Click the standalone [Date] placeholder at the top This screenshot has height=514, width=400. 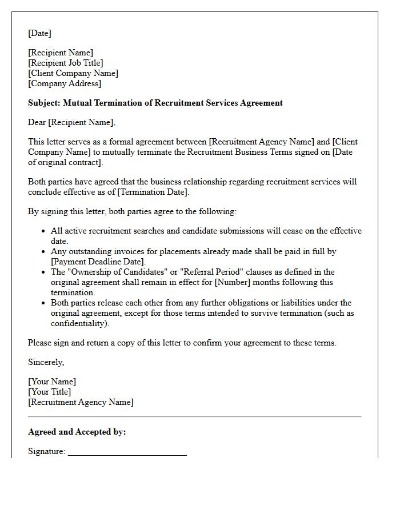pyautogui.click(x=39, y=33)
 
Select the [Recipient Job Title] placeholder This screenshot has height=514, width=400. pyautogui.click(x=66, y=63)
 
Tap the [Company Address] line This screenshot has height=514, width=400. pyautogui.click(x=65, y=83)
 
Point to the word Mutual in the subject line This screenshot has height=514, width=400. pyautogui.click(x=77, y=103)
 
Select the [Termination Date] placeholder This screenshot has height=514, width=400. pyautogui.click(x=154, y=192)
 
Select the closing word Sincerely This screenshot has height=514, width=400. pyautogui.click(x=46, y=362)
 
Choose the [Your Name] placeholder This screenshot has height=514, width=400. pyautogui.click(x=52, y=382)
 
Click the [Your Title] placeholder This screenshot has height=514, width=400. pyautogui.click(x=50, y=392)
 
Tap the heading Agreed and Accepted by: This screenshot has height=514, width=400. pyautogui.click(x=77, y=432)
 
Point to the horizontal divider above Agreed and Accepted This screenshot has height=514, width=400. pyautogui.click(x=194, y=417)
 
